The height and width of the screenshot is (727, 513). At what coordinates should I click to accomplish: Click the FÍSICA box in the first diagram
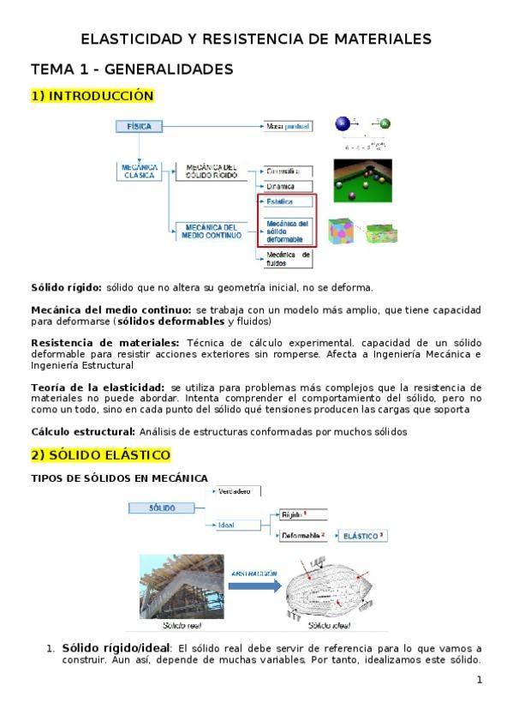tap(139, 126)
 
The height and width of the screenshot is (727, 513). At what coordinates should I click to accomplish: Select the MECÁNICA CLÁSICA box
tap(139, 171)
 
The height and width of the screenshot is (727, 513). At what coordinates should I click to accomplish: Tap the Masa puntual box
tap(288, 126)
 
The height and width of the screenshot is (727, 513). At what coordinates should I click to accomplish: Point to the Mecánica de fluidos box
tap(285, 259)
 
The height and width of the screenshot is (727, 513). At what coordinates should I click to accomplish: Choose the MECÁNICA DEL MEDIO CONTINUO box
tap(209, 231)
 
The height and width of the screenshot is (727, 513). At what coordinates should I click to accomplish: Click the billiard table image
tap(362, 179)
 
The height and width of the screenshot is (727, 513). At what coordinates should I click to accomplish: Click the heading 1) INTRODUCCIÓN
tap(92, 96)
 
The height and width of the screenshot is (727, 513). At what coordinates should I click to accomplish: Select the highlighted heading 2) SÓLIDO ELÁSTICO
tap(100, 454)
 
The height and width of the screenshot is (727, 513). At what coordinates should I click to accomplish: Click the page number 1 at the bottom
tap(480, 680)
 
